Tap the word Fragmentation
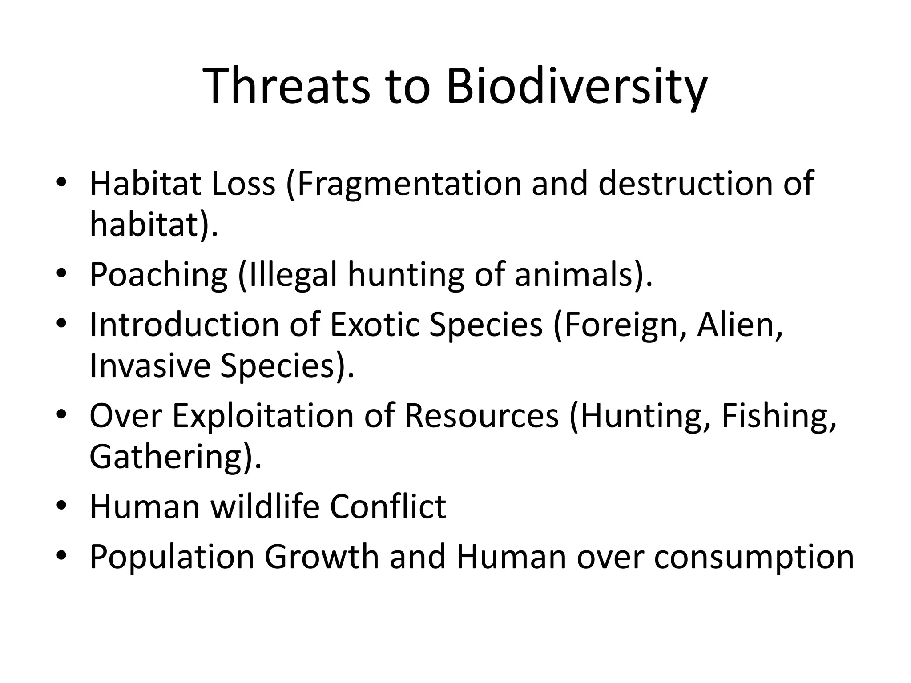pos(409,184)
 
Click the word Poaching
pos(158,274)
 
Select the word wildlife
pos(265,506)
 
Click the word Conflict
pos(387,506)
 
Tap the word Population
pos(171,557)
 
